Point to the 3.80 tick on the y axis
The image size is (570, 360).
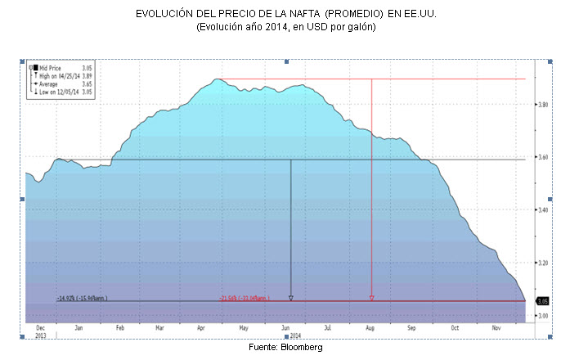click(542, 105)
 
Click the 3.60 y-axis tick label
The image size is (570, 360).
click(542, 157)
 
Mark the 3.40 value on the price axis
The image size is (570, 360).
click(542, 210)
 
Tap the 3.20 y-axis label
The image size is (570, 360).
click(542, 263)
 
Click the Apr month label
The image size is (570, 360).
click(201, 327)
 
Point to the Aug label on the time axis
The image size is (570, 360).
click(369, 327)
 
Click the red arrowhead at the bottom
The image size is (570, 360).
click(372, 298)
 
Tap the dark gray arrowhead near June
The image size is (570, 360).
click(291, 298)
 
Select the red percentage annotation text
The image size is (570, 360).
click(245, 298)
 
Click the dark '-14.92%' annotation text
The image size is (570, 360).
click(82, 298)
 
